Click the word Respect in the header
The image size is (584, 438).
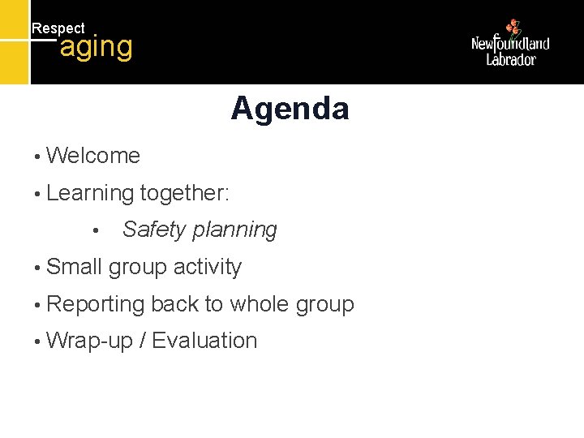coord(58,28)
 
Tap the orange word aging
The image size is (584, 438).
coord(96,47)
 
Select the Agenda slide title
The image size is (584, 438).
coord(290,108)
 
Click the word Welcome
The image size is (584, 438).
coord(93,156)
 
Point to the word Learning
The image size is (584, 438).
coord(90,194)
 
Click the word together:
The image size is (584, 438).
coord(185,194)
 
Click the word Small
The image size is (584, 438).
coord(75,267)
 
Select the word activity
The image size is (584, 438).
coord(207,268)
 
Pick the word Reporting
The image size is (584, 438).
coord(96,305)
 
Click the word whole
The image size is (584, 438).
coord(260,304)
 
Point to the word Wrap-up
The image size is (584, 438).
coord(90,341)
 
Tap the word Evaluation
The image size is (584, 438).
coord(204,341)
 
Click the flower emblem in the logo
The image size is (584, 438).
coord(512,28)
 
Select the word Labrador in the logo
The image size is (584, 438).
coord(511,59)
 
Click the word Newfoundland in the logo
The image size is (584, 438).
coord(510,44)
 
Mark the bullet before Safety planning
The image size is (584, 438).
coord(96,231)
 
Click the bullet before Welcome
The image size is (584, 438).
coord(37,157)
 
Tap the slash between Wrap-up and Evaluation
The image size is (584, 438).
coord(143,341)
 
